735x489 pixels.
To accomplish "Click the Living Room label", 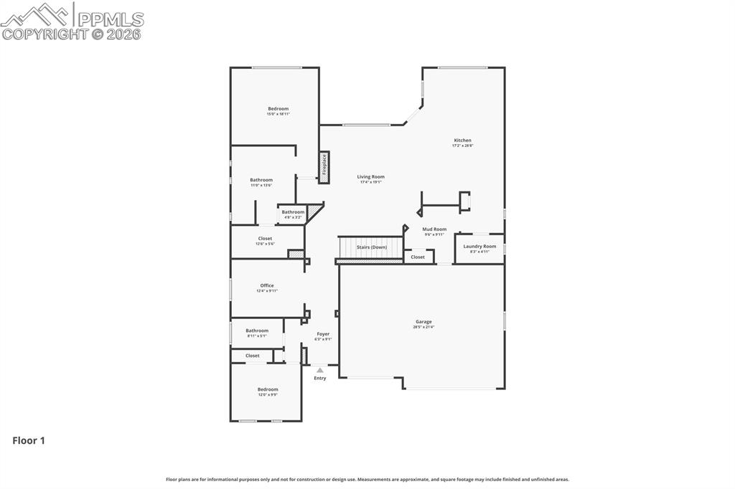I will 371,177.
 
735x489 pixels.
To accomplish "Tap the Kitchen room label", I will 462,141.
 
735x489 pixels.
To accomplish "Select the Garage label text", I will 423,322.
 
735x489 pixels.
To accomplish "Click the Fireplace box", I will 324,166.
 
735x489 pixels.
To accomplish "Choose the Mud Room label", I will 434,229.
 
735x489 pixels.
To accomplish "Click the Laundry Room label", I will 479,247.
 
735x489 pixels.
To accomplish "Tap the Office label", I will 267,286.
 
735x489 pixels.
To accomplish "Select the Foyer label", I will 323,334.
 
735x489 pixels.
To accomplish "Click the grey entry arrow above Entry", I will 320,370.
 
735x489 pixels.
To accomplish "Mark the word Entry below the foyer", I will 320,379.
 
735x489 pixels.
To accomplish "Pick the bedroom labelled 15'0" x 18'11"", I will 278,109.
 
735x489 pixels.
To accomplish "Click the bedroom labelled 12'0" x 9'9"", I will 268,390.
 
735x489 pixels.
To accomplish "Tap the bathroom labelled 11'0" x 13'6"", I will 261,181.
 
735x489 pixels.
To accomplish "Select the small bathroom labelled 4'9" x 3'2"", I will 293,212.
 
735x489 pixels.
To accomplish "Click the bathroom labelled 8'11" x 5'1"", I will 257,331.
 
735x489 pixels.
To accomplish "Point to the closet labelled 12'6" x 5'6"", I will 265,239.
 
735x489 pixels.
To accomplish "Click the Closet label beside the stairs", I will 418,257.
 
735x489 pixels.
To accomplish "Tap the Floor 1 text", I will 29,441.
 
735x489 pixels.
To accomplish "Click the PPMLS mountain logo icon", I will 36,14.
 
